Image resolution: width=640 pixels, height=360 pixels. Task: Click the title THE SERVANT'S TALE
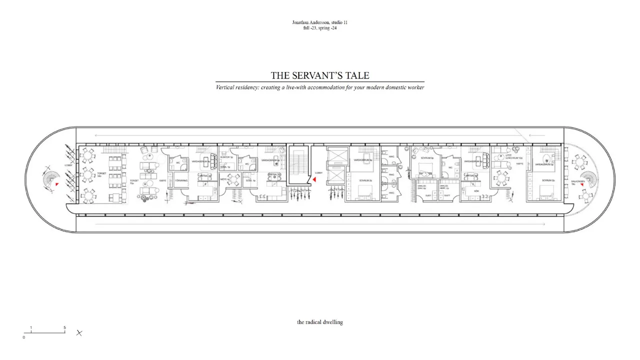click(320, 75)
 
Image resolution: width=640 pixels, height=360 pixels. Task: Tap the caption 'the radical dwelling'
click(320, 322)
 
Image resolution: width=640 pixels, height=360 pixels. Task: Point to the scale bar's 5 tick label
click(64, 328)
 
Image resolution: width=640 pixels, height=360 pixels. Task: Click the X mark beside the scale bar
click(79, 332)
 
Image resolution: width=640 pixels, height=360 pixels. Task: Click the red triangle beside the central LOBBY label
click(314, 179)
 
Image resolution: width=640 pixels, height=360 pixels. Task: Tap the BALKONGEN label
click(577, 182)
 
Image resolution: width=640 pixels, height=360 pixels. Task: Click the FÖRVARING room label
click(181, 180)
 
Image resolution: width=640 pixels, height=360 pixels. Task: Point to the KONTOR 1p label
click(225, 157)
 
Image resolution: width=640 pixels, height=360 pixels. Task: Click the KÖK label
click(476, 191)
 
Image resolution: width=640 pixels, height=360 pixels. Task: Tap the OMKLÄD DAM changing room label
click(422, 187)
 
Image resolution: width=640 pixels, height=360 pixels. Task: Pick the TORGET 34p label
click(102, 161)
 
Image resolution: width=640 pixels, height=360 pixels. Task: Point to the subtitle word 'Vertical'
click(224, 87)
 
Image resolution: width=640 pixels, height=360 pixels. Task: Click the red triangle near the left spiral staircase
click(57, 185)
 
